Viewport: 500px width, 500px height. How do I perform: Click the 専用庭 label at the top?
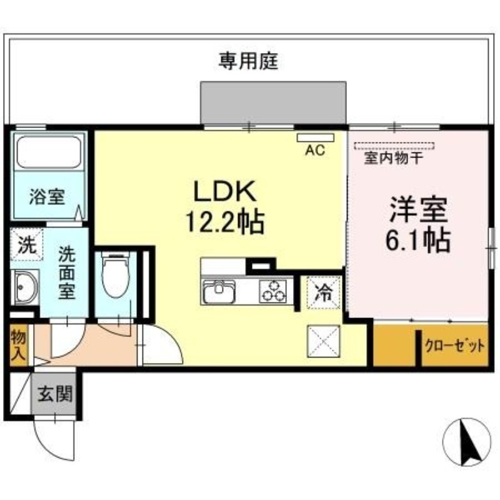[248, 61]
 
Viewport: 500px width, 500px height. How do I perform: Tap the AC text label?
[315, 150]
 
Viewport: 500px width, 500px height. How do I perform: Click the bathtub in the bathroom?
[49, 152]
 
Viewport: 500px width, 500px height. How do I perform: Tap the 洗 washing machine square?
[26, 244]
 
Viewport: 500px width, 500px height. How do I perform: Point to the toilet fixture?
[114, 272]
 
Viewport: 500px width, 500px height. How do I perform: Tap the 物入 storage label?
[18, 344]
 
